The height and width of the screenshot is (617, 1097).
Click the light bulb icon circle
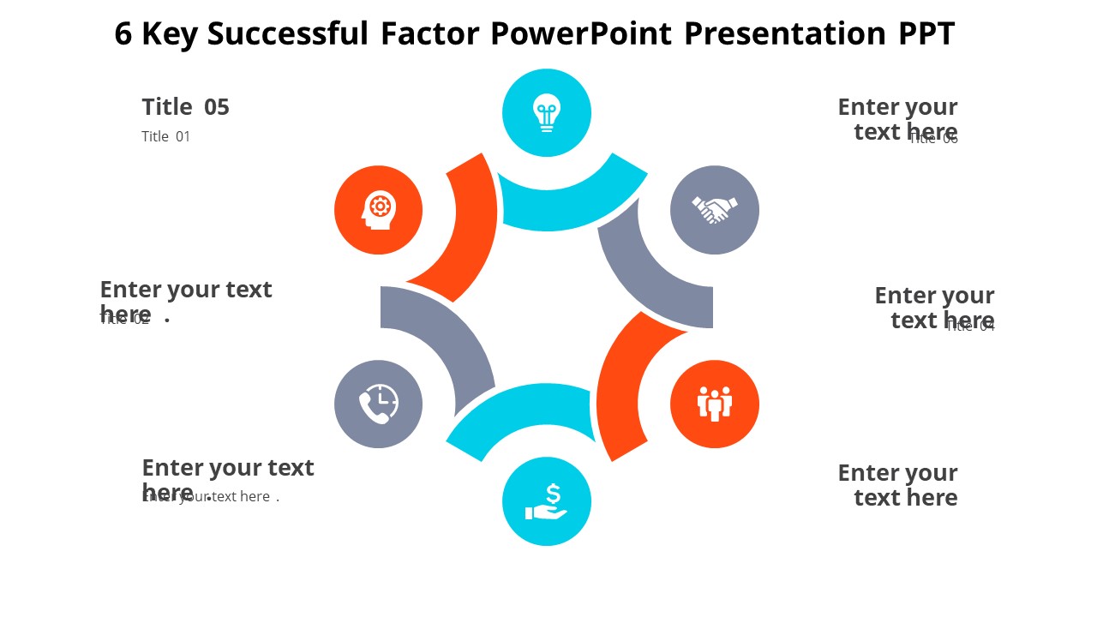tap(547, 113)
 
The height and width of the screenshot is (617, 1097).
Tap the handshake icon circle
tap(715, 210)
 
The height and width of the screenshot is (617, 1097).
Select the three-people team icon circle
tap(715, 404)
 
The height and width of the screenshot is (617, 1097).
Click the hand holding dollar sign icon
tap(547, 501)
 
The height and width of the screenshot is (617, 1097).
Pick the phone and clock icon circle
tap(379, 404)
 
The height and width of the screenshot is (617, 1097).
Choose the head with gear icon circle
tap(379, 210)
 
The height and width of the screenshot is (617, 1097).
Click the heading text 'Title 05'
tap(186, 107)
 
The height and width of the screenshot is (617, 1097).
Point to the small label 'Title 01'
tap(166, 136)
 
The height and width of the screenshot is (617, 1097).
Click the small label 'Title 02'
tap(125, 320)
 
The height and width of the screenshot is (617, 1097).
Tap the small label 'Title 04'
tap(970, 326)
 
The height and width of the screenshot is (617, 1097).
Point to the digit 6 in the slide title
tap(123, 34)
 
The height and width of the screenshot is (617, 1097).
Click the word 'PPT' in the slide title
tap(926, 34)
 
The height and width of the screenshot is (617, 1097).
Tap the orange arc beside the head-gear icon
tap(467, 231)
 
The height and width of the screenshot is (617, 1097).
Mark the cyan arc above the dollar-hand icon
tap(523, 411)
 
